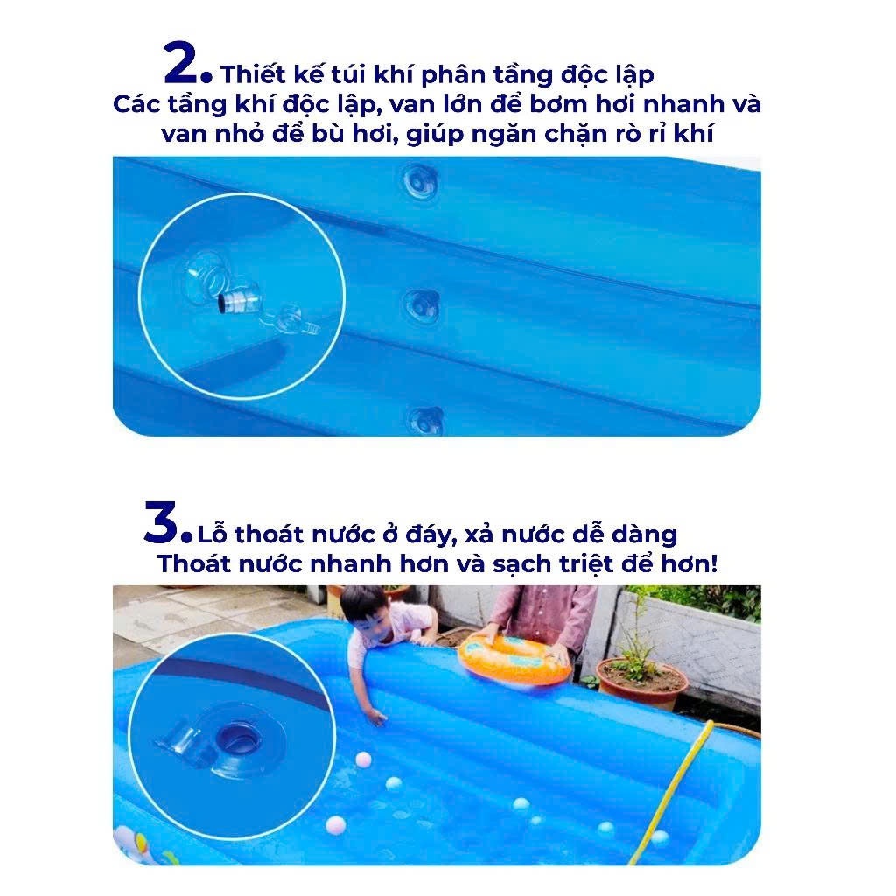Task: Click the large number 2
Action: [x=181, y=62]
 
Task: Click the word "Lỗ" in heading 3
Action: [x=212, y=535]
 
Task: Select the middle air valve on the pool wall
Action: [x=422, y=306]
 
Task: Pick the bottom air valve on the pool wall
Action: [x=425, y=421]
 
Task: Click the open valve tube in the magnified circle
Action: [x=240, y=301]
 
